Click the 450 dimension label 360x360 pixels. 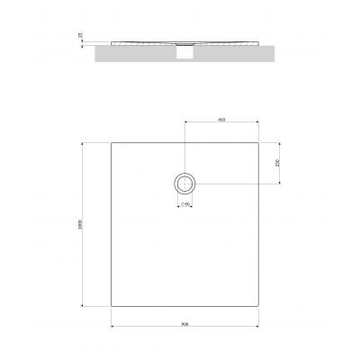[x=220, y=119]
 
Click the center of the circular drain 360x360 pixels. [x=184, y=184]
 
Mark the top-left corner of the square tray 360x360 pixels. [x=111, y=142]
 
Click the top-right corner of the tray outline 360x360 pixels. [x=256, y=142]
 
